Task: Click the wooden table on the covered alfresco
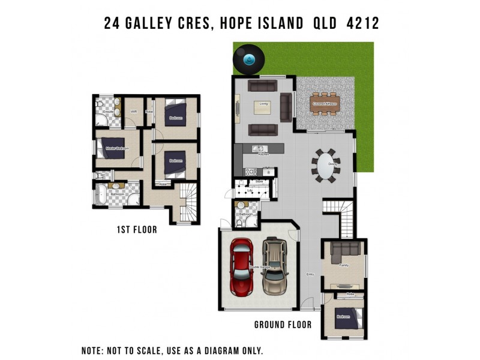[x=325, y=103]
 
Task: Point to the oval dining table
[x=326, y=165]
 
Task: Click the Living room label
[x=263, y=104]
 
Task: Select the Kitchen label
[x=263, y=155]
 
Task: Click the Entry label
[x=310, y=274]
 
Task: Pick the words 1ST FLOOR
[x=137, y=229]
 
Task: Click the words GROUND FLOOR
[x=283, y=325]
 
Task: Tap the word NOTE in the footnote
[x=95, y=350]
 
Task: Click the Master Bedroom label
[x=117, y=148]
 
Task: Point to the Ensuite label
[x=109, y=112]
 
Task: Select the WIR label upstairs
[x=134, y=112]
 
